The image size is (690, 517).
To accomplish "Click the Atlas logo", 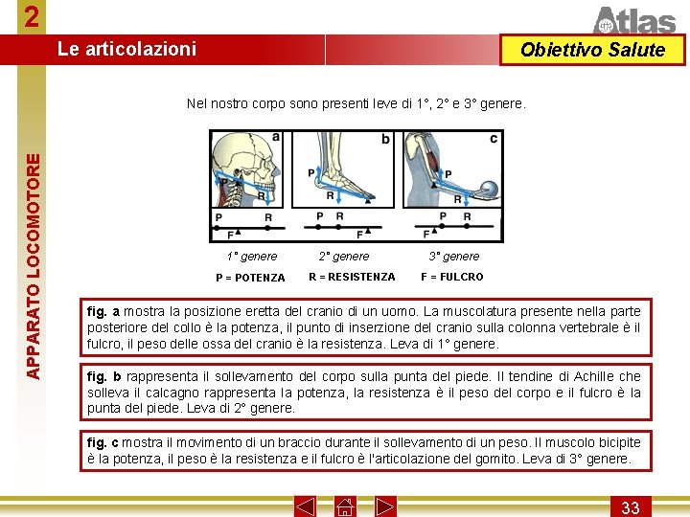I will coord(635,19).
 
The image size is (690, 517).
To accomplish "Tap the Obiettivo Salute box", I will coord(592,51).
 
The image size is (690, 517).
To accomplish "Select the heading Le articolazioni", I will coord(126,49).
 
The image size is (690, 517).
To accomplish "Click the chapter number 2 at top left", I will coord(33,17).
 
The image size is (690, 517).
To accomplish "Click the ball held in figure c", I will coord(485,191).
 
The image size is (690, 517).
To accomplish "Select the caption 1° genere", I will coord(252,257).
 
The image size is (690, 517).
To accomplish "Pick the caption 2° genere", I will coord(344,257).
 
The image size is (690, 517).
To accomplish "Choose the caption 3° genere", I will coord(454,257).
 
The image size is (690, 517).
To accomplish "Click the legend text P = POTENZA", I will coord(250,278).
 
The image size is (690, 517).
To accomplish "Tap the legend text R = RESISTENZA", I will coord(352,277).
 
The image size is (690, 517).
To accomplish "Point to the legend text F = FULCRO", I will coord(452,277).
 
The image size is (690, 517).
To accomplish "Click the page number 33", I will coord(631,506).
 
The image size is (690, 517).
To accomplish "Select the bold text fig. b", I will coord(103,377).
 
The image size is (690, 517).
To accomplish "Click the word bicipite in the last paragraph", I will coord(613,442).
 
